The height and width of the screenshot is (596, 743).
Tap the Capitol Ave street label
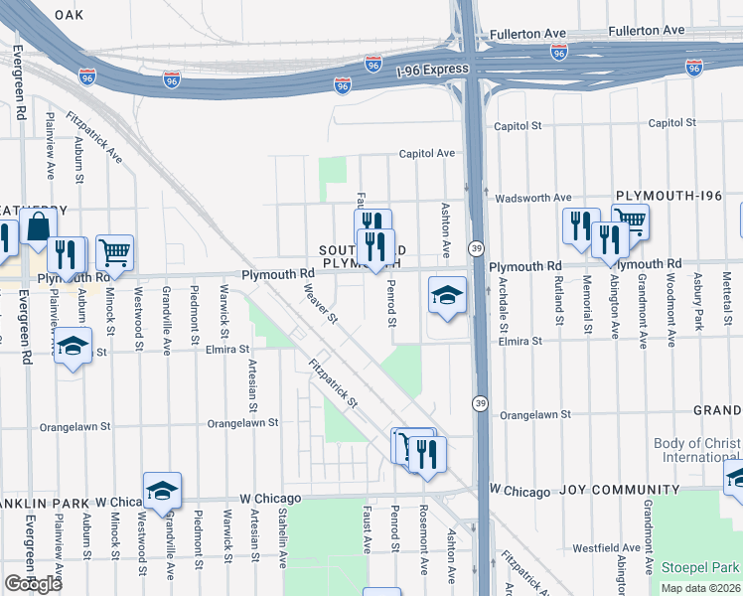[426, 154]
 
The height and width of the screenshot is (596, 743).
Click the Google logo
[33, 583]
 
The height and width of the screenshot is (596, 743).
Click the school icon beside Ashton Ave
[447, 294]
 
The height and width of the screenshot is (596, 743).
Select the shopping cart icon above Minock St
[115, 253]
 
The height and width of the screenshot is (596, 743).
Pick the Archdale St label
[504, 300]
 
